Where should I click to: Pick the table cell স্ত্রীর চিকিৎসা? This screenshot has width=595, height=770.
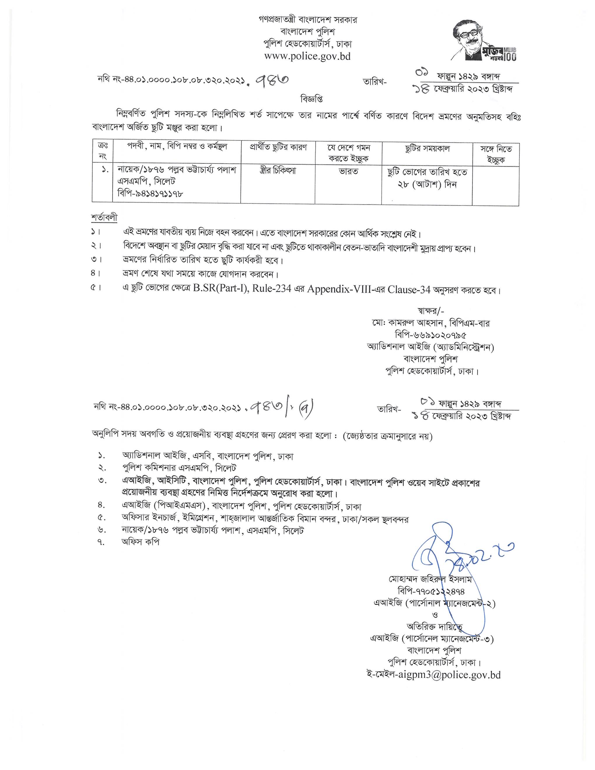pos(278,171)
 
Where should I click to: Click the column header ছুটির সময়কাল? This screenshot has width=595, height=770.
pos(427,148)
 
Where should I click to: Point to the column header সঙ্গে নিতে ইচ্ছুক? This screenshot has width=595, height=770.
pos(496,154)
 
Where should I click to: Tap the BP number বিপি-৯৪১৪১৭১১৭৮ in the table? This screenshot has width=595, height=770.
pos(150,194)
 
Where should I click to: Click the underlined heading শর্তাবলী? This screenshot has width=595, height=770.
pos(104,217)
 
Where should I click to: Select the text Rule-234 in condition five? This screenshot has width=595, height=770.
pos(272,289)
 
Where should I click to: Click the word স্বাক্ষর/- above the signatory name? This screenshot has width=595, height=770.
pos(431,311)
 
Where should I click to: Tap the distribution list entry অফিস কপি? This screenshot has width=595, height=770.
pos(141,542)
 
